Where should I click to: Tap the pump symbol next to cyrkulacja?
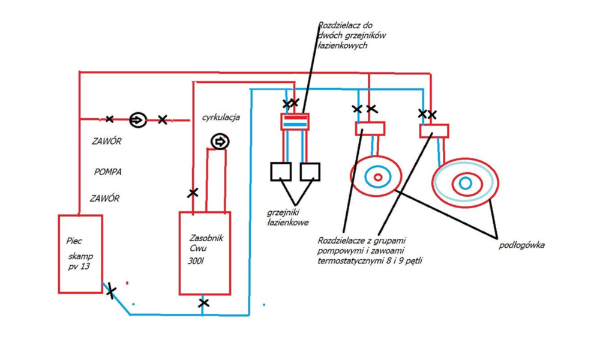point(220,142)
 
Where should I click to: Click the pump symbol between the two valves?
point(138,120)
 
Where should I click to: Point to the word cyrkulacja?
point(221,117)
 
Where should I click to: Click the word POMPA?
point(108,172)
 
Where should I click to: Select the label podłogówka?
point(521,245)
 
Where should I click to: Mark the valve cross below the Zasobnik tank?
point(203,303)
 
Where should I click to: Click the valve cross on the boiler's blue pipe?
point(110,291)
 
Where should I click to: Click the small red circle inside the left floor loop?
point(378,177)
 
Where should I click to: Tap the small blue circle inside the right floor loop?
point(466,183)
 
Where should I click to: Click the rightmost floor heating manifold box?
point(434,131)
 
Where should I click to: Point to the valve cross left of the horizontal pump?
point(109,119)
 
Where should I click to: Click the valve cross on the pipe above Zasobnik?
point(193,193)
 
